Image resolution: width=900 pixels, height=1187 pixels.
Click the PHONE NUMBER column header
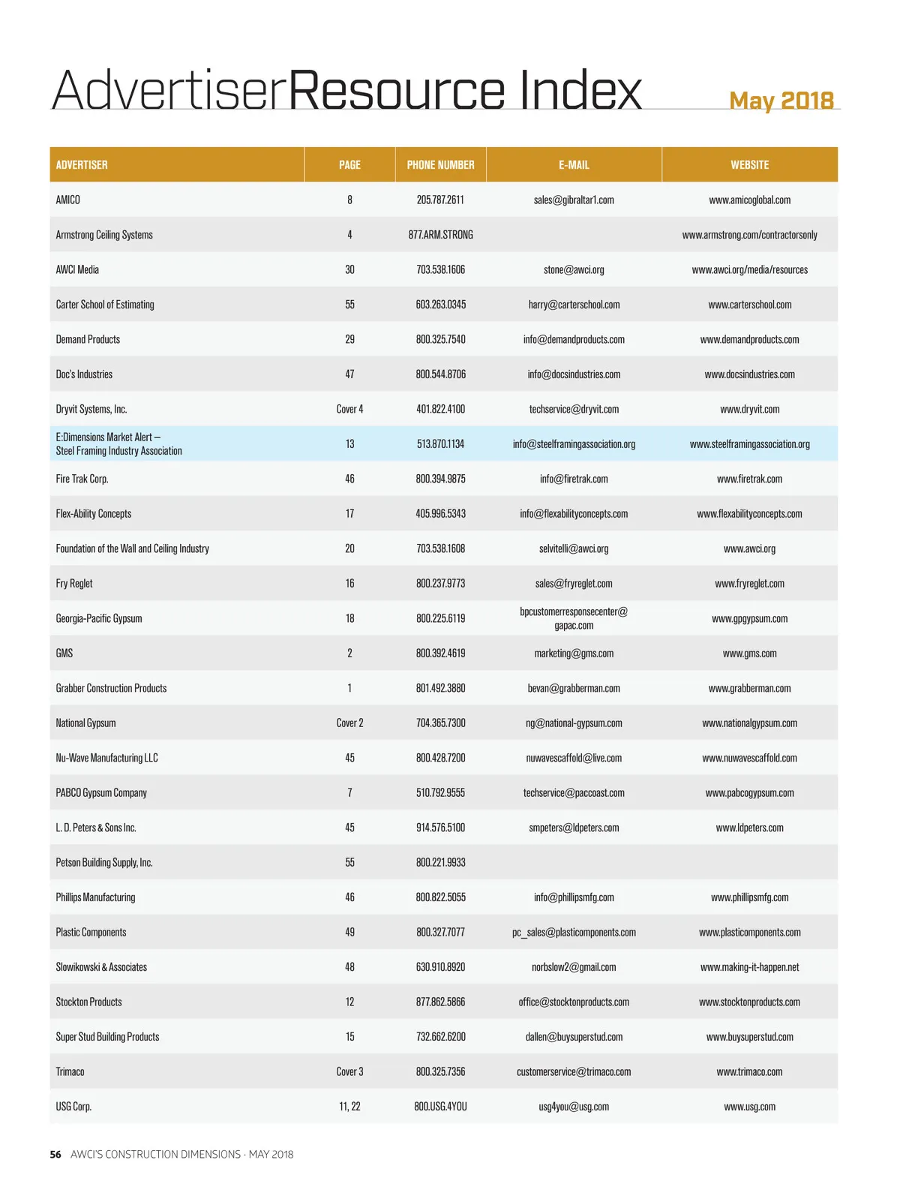click(x=440, y=165)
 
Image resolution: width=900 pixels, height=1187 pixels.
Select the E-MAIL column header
click(x=574, y=165)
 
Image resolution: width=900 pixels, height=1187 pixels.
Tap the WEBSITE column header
click(x=749, y=165)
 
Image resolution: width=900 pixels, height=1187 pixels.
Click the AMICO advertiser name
click(x=67, y=200)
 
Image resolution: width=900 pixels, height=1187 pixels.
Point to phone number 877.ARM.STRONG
click(x=440, y=235)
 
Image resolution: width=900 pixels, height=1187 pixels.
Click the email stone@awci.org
click(x=574, y=270)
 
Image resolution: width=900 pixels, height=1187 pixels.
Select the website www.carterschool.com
click(x=749, y=305)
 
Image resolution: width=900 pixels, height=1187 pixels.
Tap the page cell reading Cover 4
click(x=349, y=410)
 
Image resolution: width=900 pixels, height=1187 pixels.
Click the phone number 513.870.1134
click(x=440, y=444)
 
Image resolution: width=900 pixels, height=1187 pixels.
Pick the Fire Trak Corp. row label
click(x=82, y=479)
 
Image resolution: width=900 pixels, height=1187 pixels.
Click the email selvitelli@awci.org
click(x=574, y=548)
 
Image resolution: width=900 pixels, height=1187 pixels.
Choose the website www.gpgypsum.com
click(x=749, y=619)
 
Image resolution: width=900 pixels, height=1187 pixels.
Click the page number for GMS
click(x=349, y=654)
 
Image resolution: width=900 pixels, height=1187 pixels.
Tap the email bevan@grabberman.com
click(x=574, y=688)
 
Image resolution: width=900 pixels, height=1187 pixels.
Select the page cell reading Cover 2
click(x=349, y=723)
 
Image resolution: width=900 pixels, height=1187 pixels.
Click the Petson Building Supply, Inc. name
click(x=104, y=863)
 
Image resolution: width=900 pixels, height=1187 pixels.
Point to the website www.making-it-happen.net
click(x=749, y=967)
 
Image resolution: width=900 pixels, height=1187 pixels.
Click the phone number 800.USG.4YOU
click(x=440, y=1107)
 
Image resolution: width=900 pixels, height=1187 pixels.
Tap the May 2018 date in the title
click(x=781, y=101)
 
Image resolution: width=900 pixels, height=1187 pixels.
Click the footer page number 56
click(x=55, y=1155)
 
